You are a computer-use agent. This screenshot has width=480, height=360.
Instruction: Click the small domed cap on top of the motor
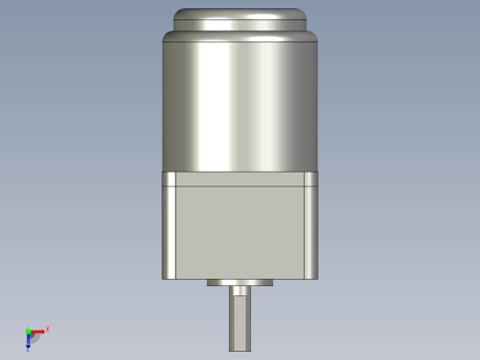[240, 19]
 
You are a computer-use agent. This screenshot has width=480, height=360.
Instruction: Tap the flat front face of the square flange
[240, 231]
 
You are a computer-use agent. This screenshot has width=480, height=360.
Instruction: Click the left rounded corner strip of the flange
[170, 231]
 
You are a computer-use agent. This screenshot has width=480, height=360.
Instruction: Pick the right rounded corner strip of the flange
[311, 231]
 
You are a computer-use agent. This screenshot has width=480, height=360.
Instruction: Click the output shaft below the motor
[240, 323]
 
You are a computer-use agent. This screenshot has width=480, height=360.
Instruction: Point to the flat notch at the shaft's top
[240, 291]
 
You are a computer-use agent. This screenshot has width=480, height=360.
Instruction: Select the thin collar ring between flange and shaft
[240, 282]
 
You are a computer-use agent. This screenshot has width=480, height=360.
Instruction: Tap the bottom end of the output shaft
[240, 349]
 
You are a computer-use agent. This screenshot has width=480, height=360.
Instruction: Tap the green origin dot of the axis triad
[28, 330]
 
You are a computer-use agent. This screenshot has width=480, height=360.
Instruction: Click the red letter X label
[47, 329]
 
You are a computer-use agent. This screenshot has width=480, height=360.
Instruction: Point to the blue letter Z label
[29, 349]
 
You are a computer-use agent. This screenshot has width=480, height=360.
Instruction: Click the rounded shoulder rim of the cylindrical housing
[240, 36]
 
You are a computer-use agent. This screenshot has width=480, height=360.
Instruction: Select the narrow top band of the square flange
[240, 179]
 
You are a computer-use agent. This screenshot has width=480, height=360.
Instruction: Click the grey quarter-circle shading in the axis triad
[34, 337]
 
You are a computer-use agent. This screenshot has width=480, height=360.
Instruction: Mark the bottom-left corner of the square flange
[163, 278]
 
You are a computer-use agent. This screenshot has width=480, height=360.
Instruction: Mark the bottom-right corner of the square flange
[318, 278]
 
